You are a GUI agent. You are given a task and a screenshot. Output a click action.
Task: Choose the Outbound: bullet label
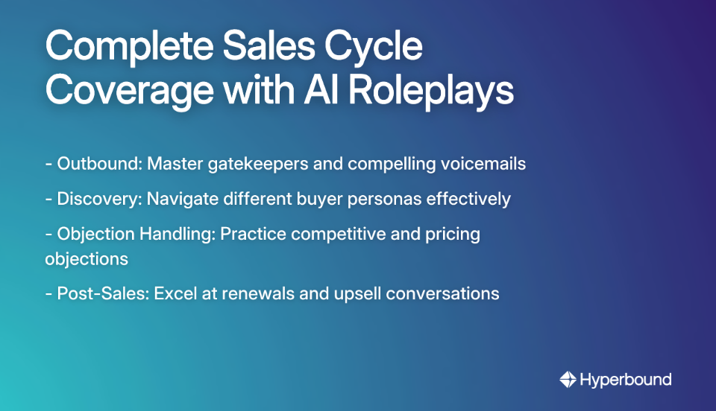click(99, 164)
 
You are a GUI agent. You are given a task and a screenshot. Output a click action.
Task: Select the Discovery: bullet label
click(99, 199)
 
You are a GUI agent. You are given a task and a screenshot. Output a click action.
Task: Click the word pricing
click(452, 235)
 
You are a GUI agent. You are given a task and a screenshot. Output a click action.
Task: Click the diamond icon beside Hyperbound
click(568, 380)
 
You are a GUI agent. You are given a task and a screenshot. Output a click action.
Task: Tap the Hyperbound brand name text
click(625, 380)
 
